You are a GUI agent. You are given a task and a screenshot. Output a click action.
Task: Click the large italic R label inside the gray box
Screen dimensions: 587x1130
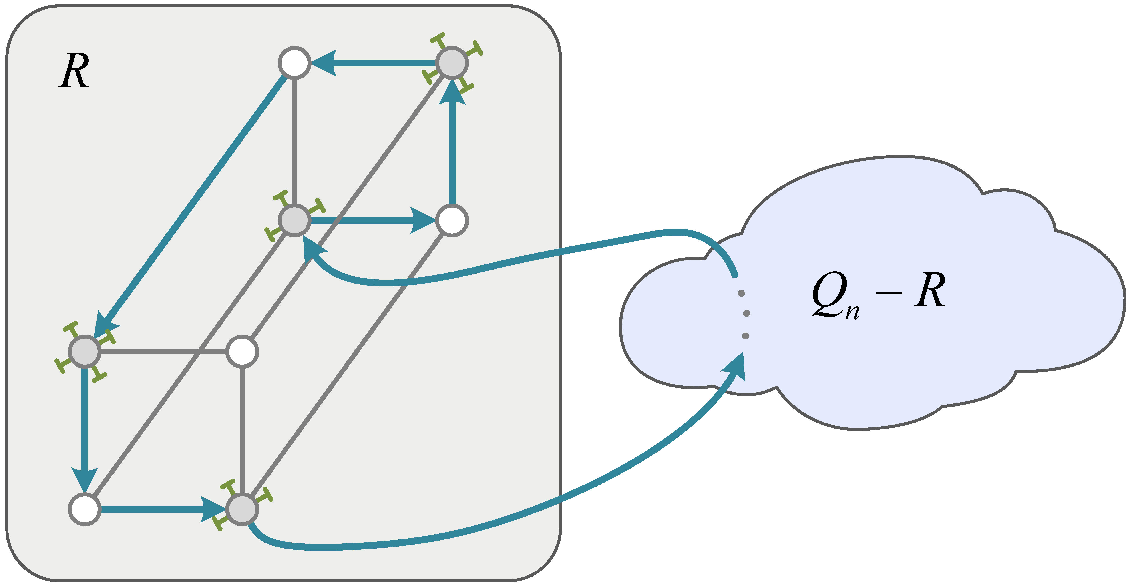click(x=74, y=71)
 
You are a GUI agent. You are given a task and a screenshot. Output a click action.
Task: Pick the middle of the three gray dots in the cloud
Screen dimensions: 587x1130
click(x=747, y=314)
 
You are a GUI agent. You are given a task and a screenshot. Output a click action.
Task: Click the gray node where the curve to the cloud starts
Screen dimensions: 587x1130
click(x=242, y=509)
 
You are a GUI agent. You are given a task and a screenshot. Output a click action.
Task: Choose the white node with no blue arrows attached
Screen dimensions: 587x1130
click(x=242, y=351)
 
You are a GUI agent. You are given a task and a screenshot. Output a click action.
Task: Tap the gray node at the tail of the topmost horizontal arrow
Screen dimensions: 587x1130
click(x=452, y=63)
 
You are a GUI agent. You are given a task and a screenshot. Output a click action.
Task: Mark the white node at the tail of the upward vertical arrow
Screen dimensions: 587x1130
click(x=452, y=220)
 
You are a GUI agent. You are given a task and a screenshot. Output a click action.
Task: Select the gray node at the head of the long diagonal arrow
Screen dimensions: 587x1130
click(x=85, y=351)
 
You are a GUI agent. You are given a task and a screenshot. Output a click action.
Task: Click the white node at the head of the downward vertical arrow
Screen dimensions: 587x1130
click(x=85, y=509)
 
